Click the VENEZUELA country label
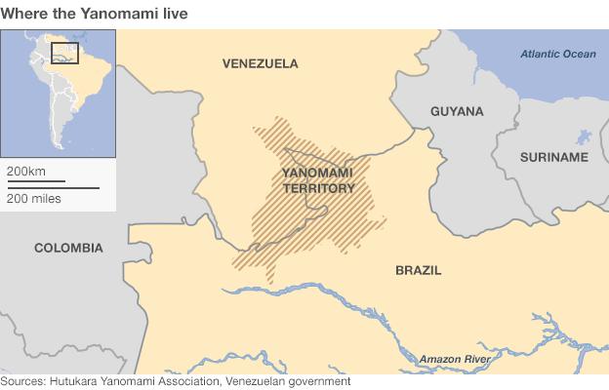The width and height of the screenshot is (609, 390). tap(261, 64)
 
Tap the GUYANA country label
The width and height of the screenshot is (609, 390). tap(457, 111)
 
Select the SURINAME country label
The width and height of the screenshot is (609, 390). tap(554, 157)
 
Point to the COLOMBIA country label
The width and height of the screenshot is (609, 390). tap(68, 248)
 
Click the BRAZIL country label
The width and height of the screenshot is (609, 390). tap(418, 270)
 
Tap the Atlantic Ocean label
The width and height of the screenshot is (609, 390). tap(558, 55)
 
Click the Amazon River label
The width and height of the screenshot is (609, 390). tap(456, 360)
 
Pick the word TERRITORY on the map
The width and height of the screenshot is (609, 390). tap(318, 188)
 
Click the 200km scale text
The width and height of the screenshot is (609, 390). tap(26, 171)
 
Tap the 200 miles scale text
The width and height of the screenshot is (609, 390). tap(34, 198)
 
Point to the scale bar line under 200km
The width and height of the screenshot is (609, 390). tap(35, 180)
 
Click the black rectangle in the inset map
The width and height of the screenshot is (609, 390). tap(64, 53)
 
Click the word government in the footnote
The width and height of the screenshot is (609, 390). tap(322, 381)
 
